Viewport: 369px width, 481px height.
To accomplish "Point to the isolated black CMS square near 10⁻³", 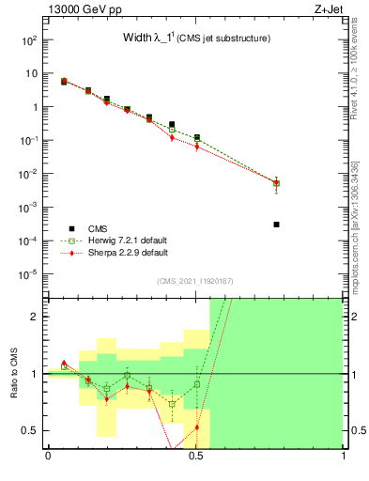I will point(276,225).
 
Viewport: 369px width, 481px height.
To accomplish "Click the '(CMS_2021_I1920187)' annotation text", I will point(194,281).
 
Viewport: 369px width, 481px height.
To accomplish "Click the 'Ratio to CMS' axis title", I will point(14,372).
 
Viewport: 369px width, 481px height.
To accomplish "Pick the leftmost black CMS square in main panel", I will point(64,82).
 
